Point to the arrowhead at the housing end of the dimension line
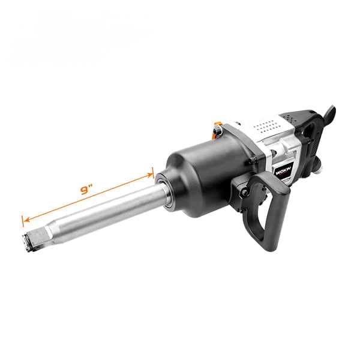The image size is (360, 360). click(x=149, y=175)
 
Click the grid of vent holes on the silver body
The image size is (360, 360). click(x=264, y=125)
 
